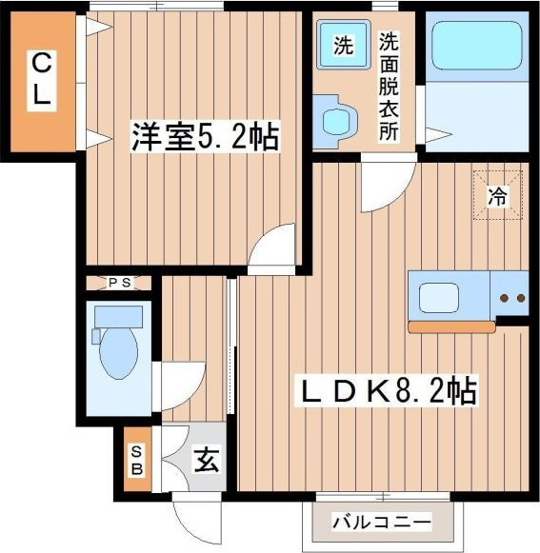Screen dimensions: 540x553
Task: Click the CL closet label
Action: (x=42, y=81)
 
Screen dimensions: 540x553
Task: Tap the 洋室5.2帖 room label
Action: (x=206, y=136)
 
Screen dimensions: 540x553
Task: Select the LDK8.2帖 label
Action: (x=387, y=391)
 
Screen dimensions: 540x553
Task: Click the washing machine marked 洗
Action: (x=344, y=45)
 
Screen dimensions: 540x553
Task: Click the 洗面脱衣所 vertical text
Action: (x=389, y=87)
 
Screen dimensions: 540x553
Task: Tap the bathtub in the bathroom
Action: (x=477, y=46)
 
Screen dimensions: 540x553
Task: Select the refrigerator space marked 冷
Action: (x=498, y=195)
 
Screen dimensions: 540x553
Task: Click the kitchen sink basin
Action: (x=439, y=297)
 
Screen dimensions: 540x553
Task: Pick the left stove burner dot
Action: (x=505, y=298)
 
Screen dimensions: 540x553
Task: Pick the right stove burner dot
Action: (x=521, y=298)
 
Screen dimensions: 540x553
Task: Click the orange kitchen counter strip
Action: (x=451, y=326)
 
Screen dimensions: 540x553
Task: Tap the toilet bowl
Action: (x=119, y=353)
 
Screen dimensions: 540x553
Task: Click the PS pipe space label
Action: (x=119, y=283)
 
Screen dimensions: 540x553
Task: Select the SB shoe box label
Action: (x=137, y=460)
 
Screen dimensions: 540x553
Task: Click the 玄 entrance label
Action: (x=207, y=460)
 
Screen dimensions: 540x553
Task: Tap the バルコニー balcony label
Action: (x=382, y=522)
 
